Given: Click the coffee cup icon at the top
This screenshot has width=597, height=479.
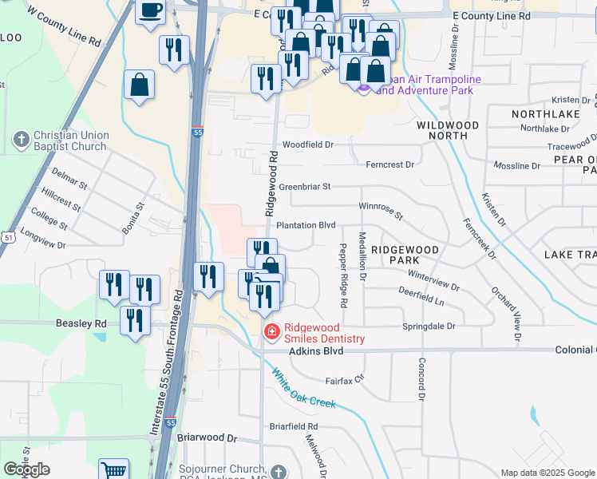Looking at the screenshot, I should [x=150, y=11].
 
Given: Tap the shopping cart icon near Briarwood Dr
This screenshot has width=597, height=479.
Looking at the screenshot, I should [x=114, y=470].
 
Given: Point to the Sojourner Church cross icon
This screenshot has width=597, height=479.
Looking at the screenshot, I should [x=278, y=471].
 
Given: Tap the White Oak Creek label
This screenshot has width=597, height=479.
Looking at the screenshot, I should [x=304, y=388].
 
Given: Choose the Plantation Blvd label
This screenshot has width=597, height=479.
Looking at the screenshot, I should [x=306, y=226].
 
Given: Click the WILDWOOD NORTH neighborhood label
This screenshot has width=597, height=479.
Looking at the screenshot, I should [x=448, y=131].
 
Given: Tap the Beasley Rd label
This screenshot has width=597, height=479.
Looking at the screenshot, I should [x=81, y=324].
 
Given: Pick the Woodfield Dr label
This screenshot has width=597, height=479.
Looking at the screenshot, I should [x=307, y=144].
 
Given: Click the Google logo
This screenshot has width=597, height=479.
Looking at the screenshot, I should [x=26, y=469].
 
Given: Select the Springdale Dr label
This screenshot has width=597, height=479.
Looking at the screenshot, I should [x=428, y=327].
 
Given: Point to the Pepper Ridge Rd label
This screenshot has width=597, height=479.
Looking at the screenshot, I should [x=344, y=276].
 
